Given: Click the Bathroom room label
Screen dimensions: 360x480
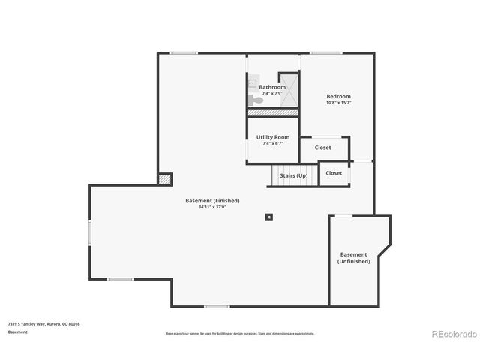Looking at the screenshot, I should (x=272, y=87).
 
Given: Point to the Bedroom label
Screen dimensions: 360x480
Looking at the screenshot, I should (x=338, y=96).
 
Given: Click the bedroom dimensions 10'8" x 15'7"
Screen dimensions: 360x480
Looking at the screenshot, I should (x=338, y=103).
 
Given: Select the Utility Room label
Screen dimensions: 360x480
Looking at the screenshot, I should (x=272, y=137).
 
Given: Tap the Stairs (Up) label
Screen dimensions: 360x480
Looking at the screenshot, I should (x=293, y=175).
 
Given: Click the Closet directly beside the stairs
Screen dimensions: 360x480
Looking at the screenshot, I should (x=334, y=173).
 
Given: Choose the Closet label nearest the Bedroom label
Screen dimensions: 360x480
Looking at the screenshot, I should (x=322, y=148).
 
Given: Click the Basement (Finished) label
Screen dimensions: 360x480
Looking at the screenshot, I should (x=212, y=200).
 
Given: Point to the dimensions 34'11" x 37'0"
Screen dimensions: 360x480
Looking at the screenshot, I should (x=212, y=207).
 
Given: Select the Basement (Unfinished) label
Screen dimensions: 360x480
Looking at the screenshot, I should (x=353, y=257).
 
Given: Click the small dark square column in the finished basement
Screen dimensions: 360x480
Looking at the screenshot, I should (x=268, y=217).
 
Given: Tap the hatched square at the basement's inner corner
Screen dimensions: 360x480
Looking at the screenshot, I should (x=164, y=179).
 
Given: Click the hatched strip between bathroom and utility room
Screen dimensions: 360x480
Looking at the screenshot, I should (x=273, y=112).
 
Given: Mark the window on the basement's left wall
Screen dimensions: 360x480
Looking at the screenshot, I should (x=90, y=232).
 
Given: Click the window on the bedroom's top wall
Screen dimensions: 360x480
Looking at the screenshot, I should (x=325, y=52).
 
